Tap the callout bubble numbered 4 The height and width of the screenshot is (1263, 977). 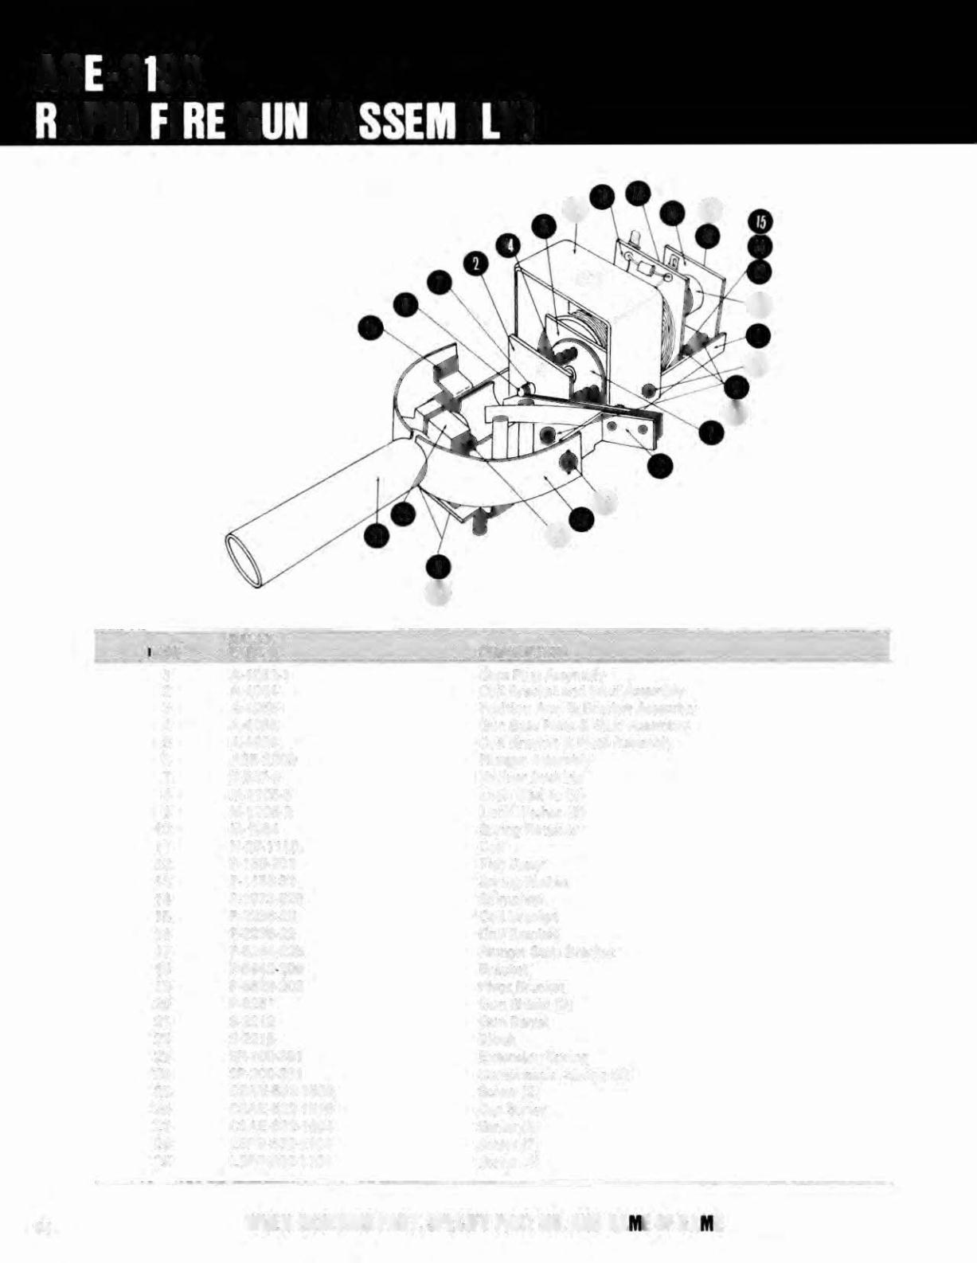(x=506, y=244)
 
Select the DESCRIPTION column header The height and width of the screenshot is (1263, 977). (x=522, y=652)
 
